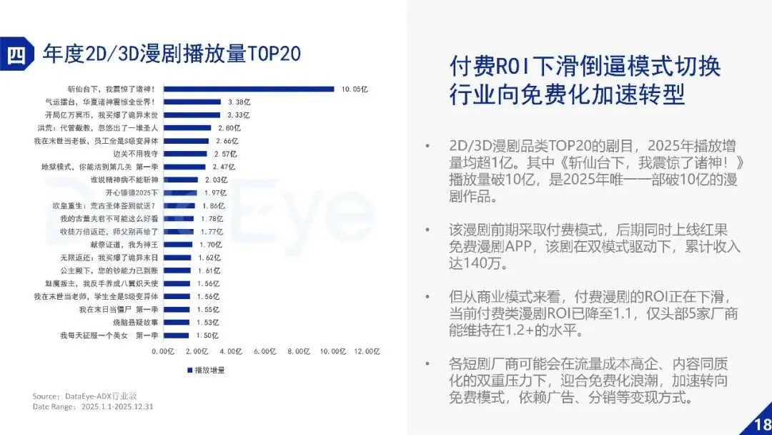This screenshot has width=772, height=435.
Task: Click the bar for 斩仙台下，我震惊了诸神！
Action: [249, 89]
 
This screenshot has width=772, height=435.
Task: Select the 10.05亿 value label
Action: [355, 89]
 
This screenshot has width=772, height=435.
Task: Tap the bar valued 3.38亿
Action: [192, 102]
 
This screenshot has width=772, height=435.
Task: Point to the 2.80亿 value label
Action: [229, 128]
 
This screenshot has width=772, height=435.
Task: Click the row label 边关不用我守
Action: [135, 154]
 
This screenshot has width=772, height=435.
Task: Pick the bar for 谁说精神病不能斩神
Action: [181, 180]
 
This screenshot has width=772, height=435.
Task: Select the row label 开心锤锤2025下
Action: [132, 192]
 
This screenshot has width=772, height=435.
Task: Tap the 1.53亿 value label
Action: [208, 323]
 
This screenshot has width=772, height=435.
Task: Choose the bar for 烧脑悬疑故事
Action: [177, 323]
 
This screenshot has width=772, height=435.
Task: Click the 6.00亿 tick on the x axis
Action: [265, 351]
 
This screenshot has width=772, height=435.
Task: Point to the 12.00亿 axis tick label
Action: [367, 351]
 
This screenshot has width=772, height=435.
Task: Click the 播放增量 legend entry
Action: [206, 370]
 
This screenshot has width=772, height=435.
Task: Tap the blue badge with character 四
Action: [16, 54]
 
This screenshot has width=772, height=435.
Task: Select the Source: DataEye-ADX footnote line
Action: [84, 396]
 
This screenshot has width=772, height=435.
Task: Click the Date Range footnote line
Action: [93, 407]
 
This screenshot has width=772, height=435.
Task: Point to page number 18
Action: [762, 425]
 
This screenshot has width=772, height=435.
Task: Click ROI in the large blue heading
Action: [513, 67]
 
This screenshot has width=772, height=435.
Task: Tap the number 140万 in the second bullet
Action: [477, 263]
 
